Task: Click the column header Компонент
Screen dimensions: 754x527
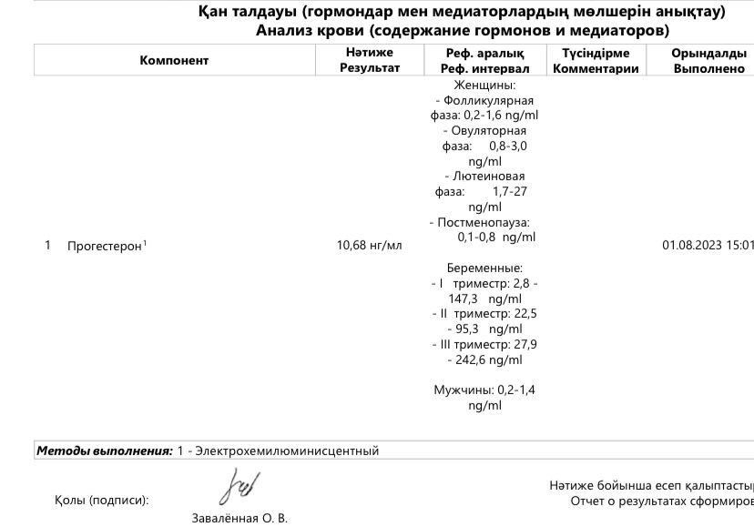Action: [174, 61]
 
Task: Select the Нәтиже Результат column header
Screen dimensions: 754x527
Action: [369, 61]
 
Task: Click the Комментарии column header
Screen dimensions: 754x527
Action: [596, 69]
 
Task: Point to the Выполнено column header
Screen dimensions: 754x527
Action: [709, 69]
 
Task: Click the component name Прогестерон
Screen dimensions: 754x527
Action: [105, 246]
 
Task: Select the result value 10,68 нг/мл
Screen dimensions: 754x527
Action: [369, 246]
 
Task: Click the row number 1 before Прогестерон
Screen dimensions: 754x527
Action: [47, 245]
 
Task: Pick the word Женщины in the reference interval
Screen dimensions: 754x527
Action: [484, 86]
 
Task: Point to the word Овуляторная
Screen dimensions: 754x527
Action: [491, 131]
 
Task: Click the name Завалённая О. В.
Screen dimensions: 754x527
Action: [239, 519]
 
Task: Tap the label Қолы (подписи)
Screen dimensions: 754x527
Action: [101, 500]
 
